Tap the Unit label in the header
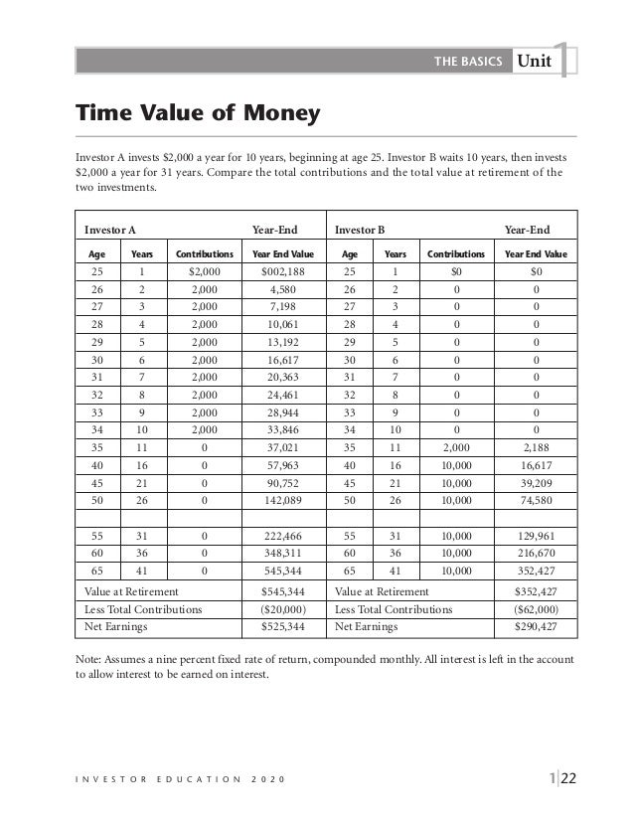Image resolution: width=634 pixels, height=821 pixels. [x=534, y=62]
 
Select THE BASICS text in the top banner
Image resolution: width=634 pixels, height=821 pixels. [x=469, y=62]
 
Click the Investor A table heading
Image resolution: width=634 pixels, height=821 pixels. [x=110, y=230]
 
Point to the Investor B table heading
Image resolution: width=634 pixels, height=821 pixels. [x=361, y=230]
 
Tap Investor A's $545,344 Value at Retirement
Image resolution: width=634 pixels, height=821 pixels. [x=282, y=590]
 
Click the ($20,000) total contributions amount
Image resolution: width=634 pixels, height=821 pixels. [x=282, y=609]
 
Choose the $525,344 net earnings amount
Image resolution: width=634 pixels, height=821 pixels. [x=282, y=628]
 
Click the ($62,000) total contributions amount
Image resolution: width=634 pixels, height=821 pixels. [x=536, y=609]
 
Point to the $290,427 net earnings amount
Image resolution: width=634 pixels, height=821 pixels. [x=536, y=628]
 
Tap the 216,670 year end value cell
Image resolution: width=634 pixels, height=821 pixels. [x=536, y=553]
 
